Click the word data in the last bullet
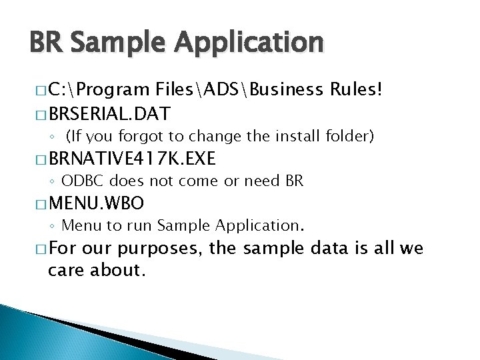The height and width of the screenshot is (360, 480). click(339, 249)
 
